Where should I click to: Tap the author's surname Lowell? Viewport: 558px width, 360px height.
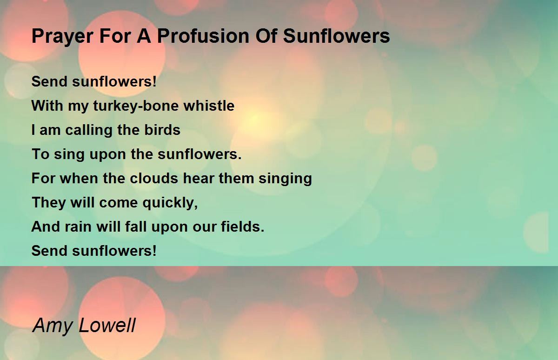click(x=107, y=325)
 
